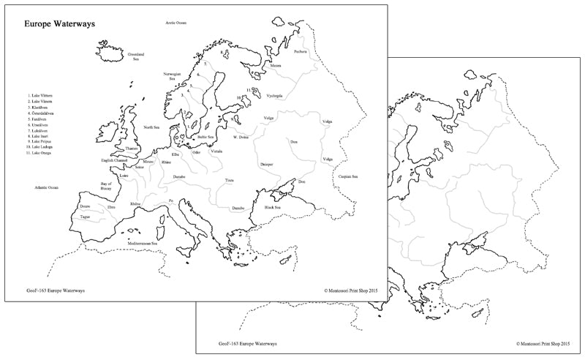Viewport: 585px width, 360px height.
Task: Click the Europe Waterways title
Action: (58, 24)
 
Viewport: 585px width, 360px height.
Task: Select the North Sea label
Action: (151, 127)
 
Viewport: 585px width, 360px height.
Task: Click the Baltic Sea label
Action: (205, 137)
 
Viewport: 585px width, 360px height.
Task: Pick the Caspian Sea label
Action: (348, 176)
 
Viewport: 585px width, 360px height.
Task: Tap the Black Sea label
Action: (273, 207)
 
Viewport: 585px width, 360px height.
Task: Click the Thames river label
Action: (132, 149)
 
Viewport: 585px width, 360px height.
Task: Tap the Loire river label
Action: (124, 176)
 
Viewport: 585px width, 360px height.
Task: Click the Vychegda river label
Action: (274, 95)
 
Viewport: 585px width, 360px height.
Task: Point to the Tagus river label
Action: (86, 217)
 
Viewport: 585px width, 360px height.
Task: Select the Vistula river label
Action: (216, 151)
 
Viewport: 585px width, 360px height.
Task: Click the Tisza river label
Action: (230, 179)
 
